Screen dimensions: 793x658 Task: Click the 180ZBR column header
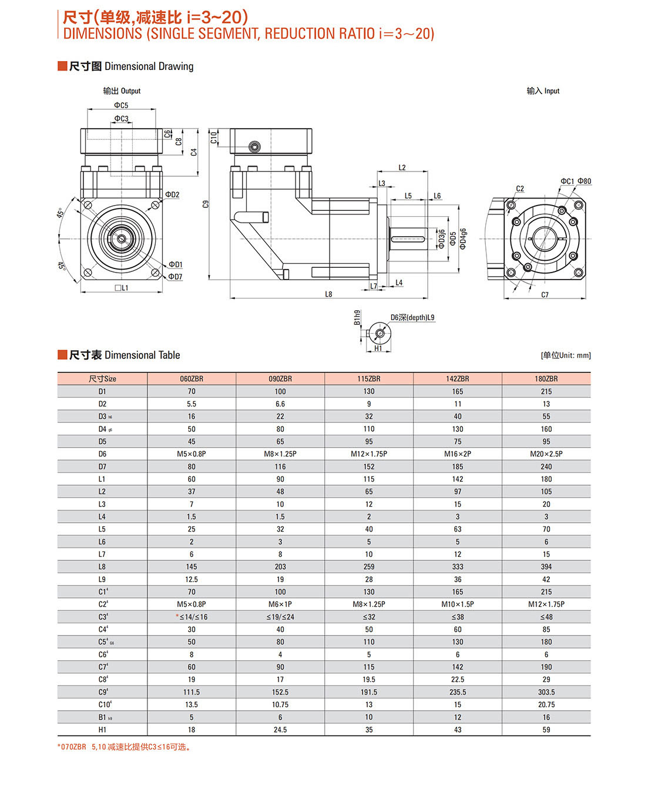pyautogui.click(x=546, y=379)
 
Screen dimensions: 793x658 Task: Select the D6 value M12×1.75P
pyautogui.click(x=368, y=454)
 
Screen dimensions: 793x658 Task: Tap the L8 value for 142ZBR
pyautogui.click(x=457, y=567)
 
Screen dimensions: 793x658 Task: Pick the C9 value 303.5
pyautogui.click(x=546, y=693)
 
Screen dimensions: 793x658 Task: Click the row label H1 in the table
pyautogui.click(x=102, y=730)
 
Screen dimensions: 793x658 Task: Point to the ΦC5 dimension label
pyautogui.click(x=121, y=106)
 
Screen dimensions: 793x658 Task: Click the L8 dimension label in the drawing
pyautogui.click(x=328, y=294)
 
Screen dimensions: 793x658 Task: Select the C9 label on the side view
pyautogui.click(x=206, y=204)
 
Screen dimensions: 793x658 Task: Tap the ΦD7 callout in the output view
pyautogui.click(x=175, y=277)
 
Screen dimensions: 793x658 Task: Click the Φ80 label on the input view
pyautogui.click(x=584, y=182)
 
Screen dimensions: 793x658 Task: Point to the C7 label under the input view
pyautogui.click(x=545, y=295)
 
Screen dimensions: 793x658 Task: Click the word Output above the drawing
pyautogui.click(x=130, y=91)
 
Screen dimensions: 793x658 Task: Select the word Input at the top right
pyautogui.click(x=552, y=91)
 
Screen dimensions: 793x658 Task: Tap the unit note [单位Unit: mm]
pyautogui.click(x=565, y=355)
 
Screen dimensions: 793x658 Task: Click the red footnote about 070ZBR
pyautogui.click(x=125, y=747)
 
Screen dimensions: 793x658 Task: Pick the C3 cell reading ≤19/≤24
pyautogui.click(x=280, y=617)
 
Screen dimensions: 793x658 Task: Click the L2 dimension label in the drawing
pyautogui.click(x=402, y=168)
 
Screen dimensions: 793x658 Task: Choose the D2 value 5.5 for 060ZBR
pyautogui.click(x=192, y=404)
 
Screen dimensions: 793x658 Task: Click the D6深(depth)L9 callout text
pyautogui.click(x=412, y=318)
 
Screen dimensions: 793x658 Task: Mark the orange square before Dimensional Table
pyautogui.click(x=62, y=355)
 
